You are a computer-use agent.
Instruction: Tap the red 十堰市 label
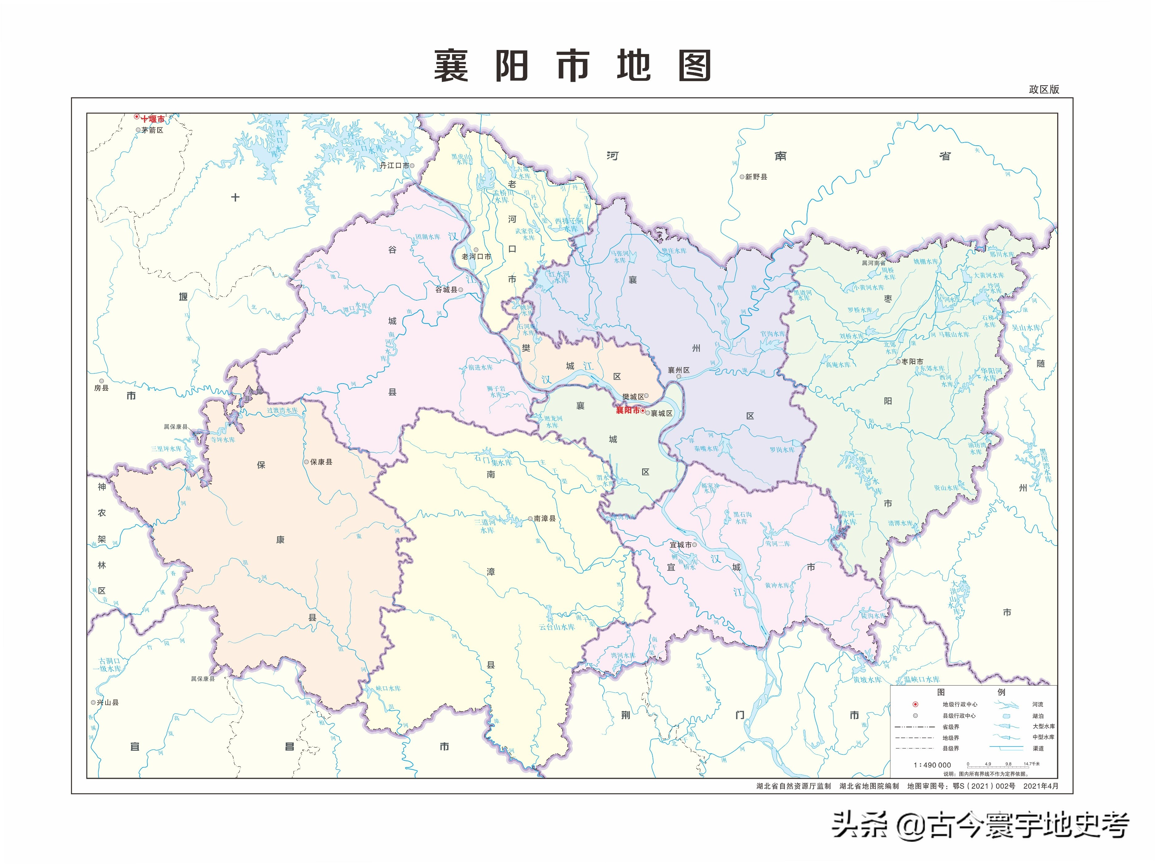click(x=152, y=119)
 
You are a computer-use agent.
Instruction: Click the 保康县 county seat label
click(x=321, y=462)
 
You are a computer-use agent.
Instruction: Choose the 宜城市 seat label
click(x=681, y=545)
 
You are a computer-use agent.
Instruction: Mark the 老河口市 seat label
click(x=476, y=256)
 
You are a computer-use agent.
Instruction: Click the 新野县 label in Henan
click(x=756, y=177)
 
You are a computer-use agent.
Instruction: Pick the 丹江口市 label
click(x=394, y=165)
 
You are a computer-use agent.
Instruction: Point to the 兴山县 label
click(x=108, y=702)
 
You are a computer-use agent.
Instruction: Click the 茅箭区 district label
click(x=152, y=130)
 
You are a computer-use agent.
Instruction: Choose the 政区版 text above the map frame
click(x=1044, y=89)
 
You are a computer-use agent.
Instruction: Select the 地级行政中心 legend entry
click(x=960, y=704)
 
